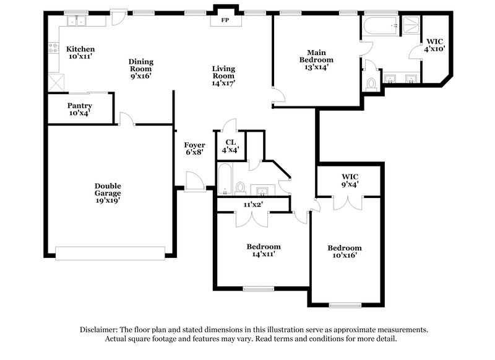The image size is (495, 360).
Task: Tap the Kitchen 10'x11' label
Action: coord(80,53)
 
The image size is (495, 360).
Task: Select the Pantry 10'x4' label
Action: coord(79,109)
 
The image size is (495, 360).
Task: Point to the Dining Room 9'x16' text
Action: coord(141,69)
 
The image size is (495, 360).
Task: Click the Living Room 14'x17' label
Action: coord(223,75)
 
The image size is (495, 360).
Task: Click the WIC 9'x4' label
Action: coord(350,179)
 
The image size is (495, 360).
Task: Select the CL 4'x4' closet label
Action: coord(230,145)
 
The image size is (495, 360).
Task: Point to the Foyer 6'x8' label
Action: coord(194,149)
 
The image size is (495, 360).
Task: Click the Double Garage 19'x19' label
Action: coord(108,192)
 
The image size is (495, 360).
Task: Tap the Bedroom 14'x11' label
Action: coord(264,249)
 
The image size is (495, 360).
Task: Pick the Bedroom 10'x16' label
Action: coord(345,252)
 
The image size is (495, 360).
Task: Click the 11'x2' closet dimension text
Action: coord(254,204)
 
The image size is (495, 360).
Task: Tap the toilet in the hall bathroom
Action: coord(241,186)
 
